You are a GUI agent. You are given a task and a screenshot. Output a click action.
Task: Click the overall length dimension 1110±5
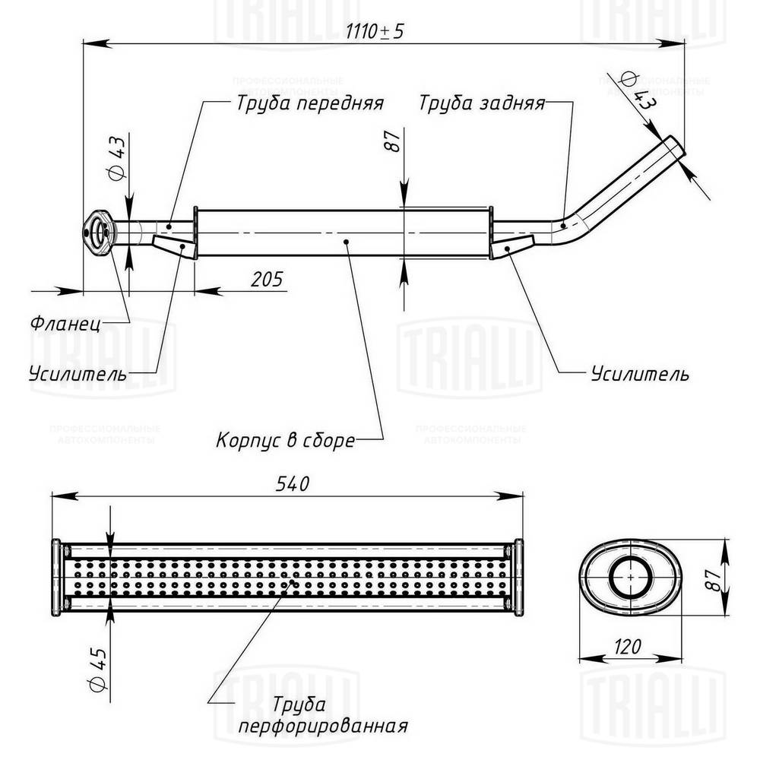[375, 32]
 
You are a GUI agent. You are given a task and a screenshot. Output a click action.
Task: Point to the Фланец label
[65, 322]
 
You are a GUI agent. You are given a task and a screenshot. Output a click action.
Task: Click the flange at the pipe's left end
[97, 231]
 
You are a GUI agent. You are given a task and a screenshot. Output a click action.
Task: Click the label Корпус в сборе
[286, 440]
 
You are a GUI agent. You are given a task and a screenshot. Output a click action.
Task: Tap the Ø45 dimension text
[97, 665]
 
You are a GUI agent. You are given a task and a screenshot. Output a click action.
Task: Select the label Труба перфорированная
[322, 715]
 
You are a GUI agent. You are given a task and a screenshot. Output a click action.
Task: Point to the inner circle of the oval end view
[631, 577]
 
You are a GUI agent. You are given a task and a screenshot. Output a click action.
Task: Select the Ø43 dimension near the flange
[116, 161]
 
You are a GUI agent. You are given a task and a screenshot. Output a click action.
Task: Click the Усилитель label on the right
[640, 374]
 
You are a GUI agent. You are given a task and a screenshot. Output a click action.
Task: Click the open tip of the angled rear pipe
[676, 146]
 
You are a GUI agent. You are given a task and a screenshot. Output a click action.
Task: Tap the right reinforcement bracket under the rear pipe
[509, 247]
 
